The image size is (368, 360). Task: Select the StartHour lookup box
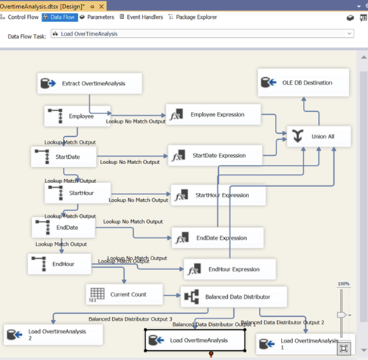point(78,193)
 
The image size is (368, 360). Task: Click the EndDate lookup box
point(64,228)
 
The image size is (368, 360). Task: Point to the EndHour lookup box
point(61,264)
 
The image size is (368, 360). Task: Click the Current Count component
point(124,293)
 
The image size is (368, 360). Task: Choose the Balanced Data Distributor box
point(234,296)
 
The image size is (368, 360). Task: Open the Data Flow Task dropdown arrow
point(348,34)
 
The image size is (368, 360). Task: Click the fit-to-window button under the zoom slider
point(344,349)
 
